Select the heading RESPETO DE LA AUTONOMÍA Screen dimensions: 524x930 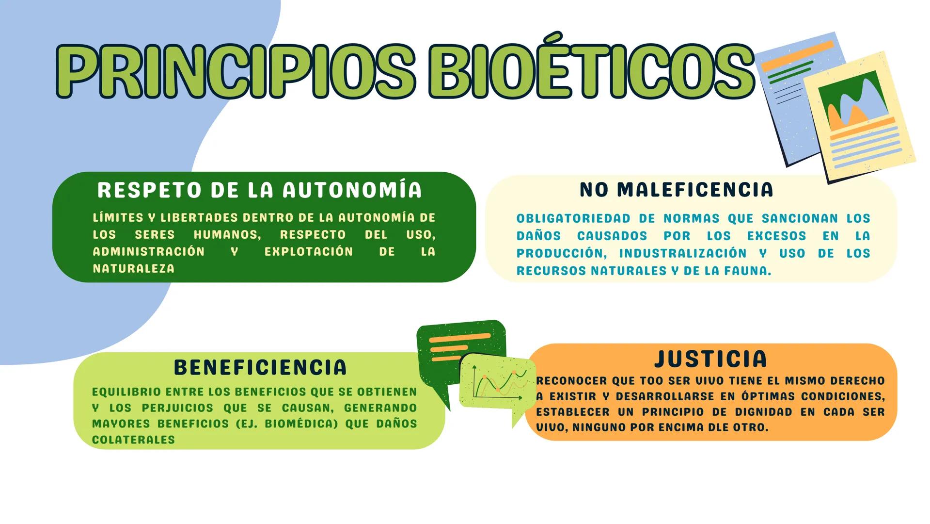(x=260, y=190)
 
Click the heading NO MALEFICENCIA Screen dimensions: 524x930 (x=677, y=189)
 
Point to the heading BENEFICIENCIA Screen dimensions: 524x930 (x=260, y=367)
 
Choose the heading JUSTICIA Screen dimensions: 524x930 (x=711, y=359)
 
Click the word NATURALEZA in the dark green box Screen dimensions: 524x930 (x=134, y=269)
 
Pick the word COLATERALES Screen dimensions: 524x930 (x=133, y=440)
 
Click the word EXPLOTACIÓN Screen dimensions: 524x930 (x=309, y=252)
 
